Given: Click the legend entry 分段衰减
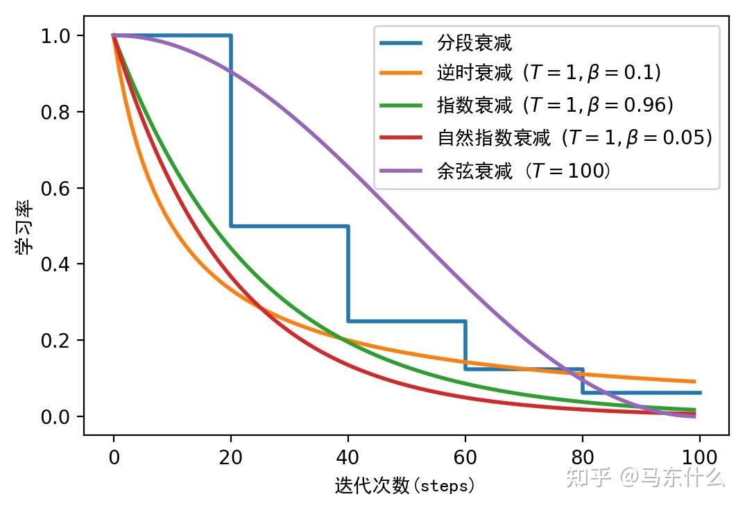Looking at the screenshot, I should [x=474, y=43].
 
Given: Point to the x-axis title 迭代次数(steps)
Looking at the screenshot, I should [x=405, y=484].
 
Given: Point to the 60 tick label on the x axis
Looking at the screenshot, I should [x=465, y=457].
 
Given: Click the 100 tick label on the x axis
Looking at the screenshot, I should [x=699, y=457].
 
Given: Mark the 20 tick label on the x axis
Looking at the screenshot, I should [x=231, y=457].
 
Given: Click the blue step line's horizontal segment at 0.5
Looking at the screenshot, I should [x=289, y=226].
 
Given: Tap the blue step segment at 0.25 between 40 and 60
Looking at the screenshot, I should [x=406, y=321].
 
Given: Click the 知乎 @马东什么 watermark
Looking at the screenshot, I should [x=645, y=477].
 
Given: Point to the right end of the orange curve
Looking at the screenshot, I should [x=694, y=381].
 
